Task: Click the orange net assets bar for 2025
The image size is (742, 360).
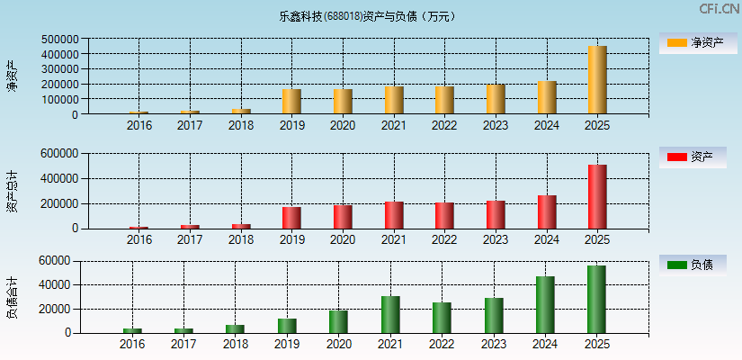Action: (597, 80)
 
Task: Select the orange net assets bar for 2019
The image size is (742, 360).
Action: (291, 102)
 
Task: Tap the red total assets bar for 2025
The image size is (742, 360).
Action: (597, 196)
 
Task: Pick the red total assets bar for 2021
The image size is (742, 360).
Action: (394, 215)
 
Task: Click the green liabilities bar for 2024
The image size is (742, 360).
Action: (545, 304)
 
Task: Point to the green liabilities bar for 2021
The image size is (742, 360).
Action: (390, 314)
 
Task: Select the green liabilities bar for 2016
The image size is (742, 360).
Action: (132, 330)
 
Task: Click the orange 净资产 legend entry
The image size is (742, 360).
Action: (693, 42)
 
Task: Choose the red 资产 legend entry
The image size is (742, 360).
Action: (693, 157)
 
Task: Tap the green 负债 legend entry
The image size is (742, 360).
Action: (693, 265)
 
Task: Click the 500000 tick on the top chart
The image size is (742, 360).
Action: (58, 40)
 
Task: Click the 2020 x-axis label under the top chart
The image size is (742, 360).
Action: (343, 126)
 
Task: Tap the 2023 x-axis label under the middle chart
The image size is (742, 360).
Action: (496, 240)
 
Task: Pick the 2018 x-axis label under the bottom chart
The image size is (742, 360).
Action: (235, 344)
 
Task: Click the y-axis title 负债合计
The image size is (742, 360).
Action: (13, 298)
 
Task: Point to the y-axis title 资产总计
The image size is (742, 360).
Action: (13, 191)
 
